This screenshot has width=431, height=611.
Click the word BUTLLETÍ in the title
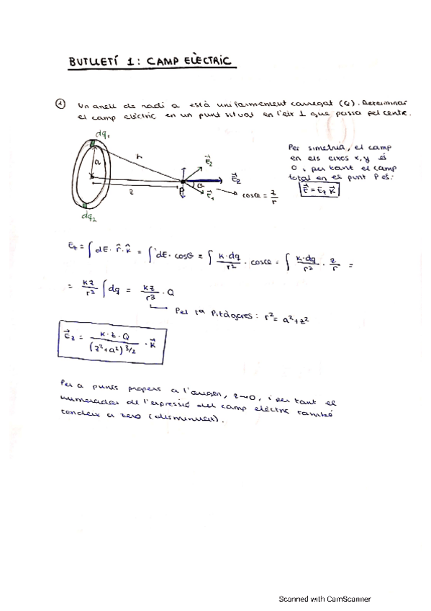pyautogui.click(x=94, y=63)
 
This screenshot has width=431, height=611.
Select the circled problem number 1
pyautogui.click(x=60, y=103)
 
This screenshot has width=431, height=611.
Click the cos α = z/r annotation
pyautogui.click(x=260, y=196)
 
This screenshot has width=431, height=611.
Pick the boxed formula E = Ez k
pyautogui.click(x=319, y=189)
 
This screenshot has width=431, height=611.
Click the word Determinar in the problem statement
pyautogui.click(x=385, y=102)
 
